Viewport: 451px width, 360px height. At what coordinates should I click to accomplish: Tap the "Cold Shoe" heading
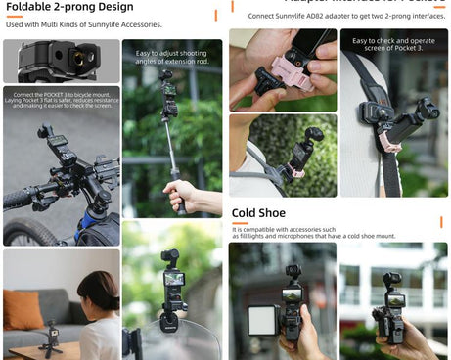pyautogui.click(x=258, y=212)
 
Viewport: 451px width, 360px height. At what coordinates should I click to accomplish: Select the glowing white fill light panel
pyautogui.click(x=262, y=320)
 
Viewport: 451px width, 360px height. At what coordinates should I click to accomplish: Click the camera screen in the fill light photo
pyautogui.click(x=292, y=292)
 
